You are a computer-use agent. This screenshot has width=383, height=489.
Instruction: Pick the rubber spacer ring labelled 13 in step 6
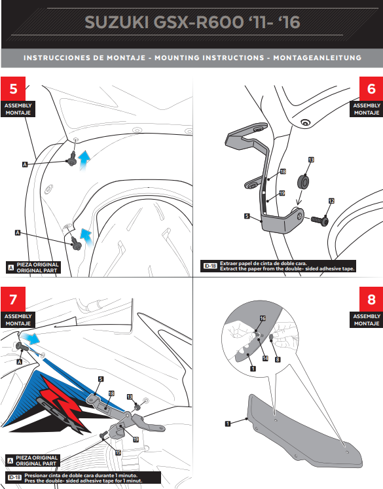click(x=304, y=179)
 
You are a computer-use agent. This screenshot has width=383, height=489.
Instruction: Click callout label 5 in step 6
click(x=246, y=214)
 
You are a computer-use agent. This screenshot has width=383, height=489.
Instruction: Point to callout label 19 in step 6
click(x=282, y=193)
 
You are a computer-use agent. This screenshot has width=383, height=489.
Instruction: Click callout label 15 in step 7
click(x=118, y=452)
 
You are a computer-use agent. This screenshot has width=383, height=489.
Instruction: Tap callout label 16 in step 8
click(x=263, y=318)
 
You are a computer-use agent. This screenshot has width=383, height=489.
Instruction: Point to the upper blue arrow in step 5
click(x=84, y=159)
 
